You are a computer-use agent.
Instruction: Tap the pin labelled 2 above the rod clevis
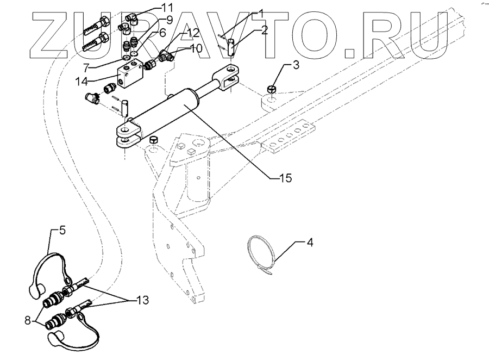click(231, 46)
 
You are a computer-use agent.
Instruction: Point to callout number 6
click(162, 33)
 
